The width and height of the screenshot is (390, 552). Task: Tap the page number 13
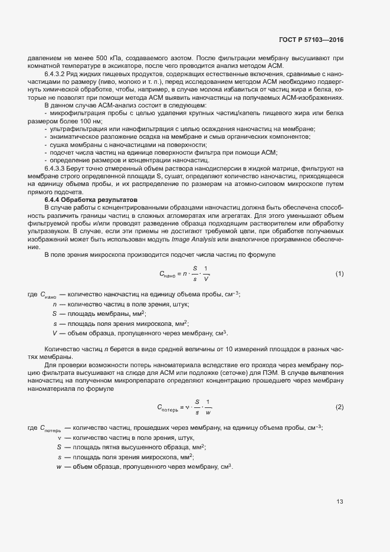[340, 502]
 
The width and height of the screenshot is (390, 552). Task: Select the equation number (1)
[339, 273]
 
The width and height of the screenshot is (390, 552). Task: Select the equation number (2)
[339, 407]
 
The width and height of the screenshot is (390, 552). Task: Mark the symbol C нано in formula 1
[168, 274]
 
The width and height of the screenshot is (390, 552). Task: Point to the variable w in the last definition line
[58, 466]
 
